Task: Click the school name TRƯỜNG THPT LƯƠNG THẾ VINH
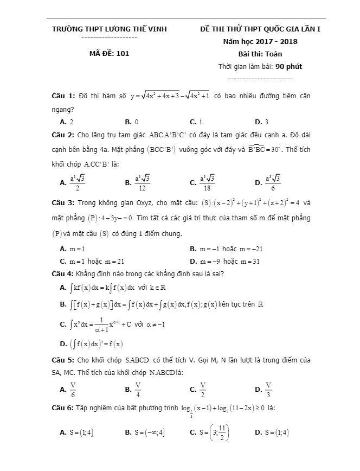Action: pos(109,29)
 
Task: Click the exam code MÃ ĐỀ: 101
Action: pos(109,53)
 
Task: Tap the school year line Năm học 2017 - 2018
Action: pos(260,41)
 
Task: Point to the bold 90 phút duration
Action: pos(288,66)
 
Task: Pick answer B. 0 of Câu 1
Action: pos(131,122)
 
